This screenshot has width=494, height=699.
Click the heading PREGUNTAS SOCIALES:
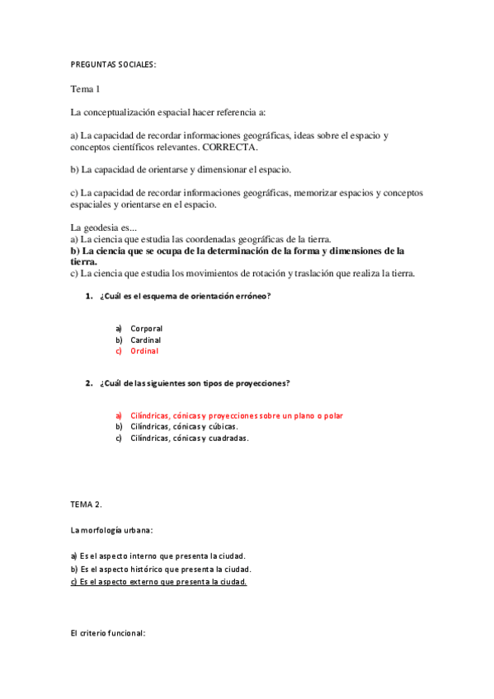(x=113, y=63)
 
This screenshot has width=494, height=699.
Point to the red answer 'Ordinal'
(x=143, y=351)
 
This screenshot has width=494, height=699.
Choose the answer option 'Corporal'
(x=146, y=328)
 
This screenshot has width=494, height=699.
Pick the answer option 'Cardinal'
(x=145, y=340)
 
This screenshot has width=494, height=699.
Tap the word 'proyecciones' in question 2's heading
(x=261, y=383)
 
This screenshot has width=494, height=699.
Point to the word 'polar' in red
(x=332, y=415)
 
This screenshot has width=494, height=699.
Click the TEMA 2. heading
(x=86, y=504)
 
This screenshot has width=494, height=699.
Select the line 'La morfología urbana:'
(x=111, y=529)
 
